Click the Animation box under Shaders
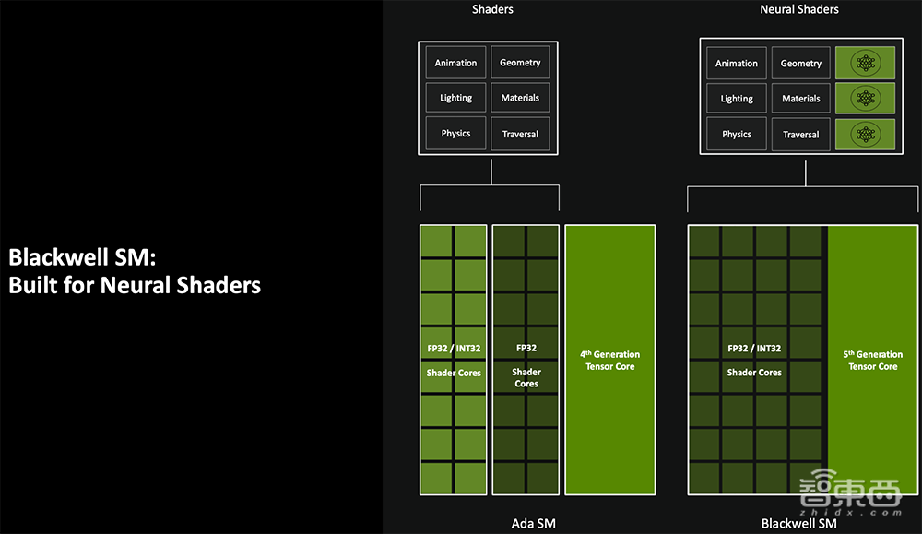pos(455,63)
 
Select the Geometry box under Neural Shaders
pos(801,64)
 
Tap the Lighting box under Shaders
pos(455,98)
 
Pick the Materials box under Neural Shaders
pos(801,99)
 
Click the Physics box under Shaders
pos(455,134)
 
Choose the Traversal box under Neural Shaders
pos(801,135)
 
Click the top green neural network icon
pos(865,64)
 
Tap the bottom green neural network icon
pos(865,135)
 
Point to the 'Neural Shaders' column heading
pos(799,9)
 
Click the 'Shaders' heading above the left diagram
pos(492,9)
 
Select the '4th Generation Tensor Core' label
pos(609,361)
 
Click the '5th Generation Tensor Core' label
pos(873,361)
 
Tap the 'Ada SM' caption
pos(534,524)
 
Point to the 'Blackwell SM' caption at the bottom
pos(798,524)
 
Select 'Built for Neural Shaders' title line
pos(135,285)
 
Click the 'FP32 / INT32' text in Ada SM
pos(454,349)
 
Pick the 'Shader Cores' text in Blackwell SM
pos(754,373)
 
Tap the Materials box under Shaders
pos(520,98)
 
